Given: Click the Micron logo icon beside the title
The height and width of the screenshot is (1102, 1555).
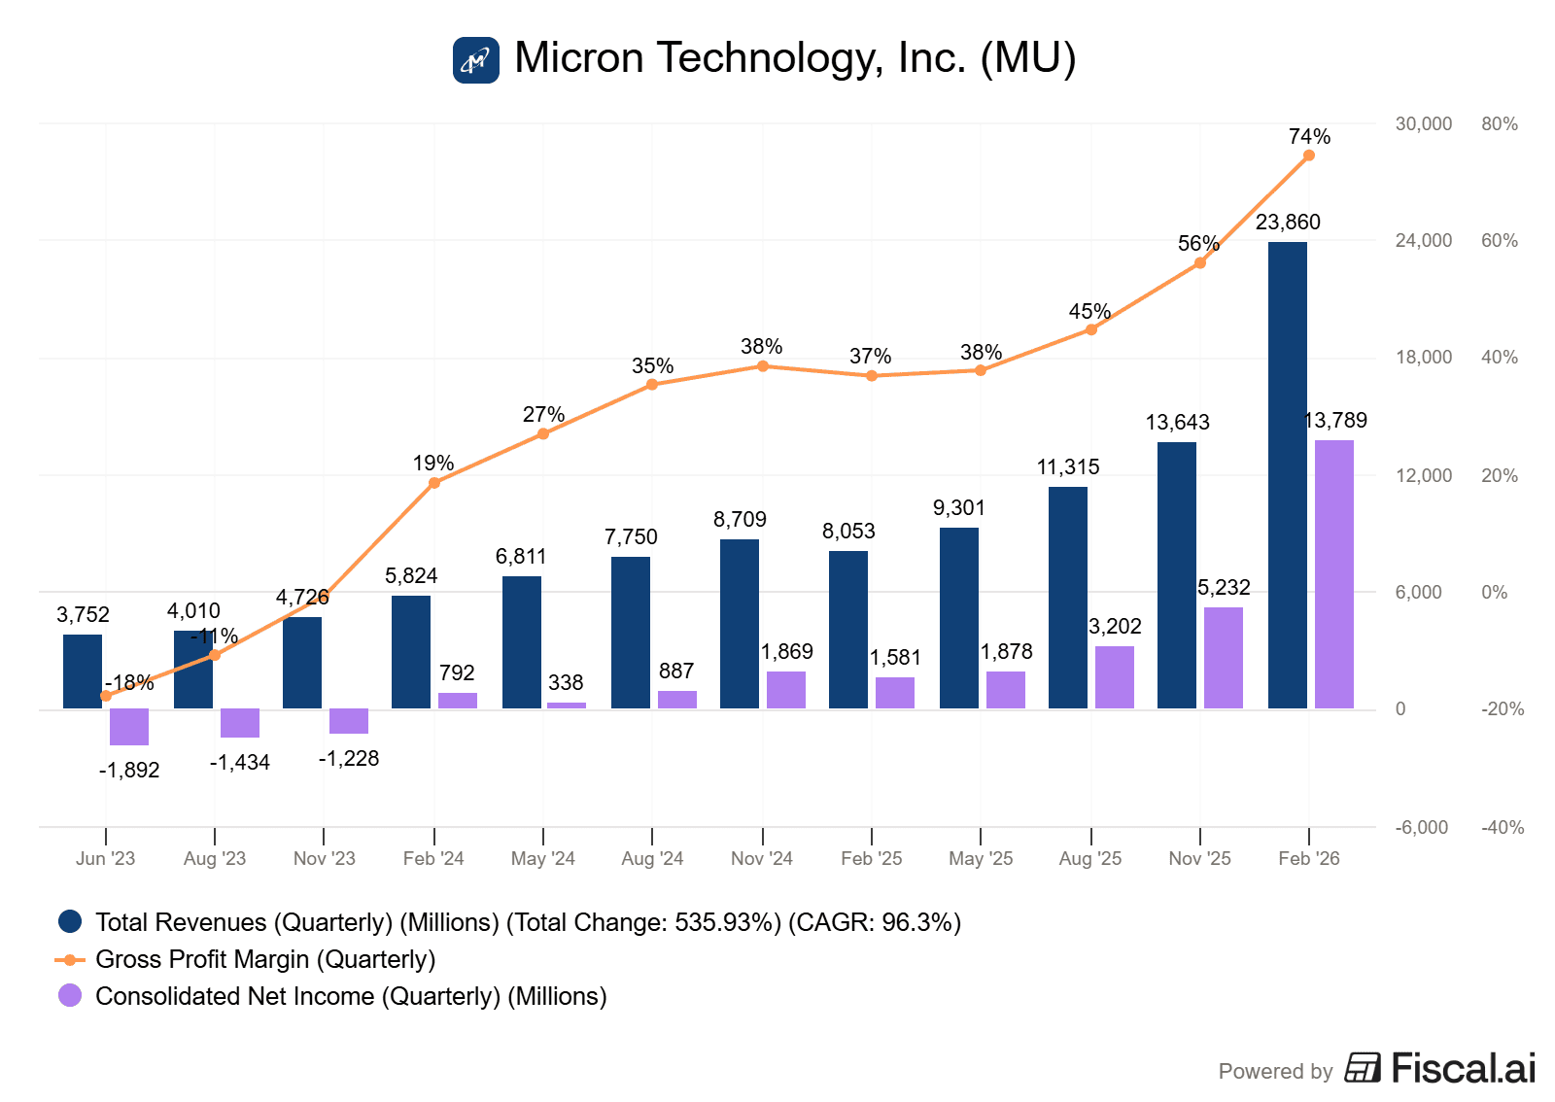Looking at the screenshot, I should [476, 60].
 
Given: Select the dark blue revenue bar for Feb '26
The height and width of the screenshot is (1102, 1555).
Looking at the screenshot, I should [1287, 475].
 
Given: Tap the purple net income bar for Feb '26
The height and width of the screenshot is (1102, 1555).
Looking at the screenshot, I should [1333, 574].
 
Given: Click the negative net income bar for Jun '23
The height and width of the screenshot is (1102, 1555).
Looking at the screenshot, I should [129, 727].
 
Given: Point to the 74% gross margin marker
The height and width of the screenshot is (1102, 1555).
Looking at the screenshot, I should [1309, 155].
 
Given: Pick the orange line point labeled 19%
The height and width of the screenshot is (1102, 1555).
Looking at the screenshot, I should [434, 483].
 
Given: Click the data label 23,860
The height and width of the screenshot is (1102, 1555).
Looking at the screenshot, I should [1288, 223].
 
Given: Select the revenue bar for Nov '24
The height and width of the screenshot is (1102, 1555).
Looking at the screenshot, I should [740, 624].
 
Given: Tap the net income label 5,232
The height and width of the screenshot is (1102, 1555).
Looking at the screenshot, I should [1224, 588].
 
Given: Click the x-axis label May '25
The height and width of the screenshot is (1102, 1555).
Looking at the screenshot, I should [981, 859].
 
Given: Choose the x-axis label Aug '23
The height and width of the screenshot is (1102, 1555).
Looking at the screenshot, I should [215, 859].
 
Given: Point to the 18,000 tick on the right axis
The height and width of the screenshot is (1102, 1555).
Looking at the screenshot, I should [1424, 358].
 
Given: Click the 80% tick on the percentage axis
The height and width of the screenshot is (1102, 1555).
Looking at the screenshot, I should [1500, 124].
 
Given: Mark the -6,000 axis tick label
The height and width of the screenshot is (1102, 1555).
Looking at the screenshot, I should [1422, 828].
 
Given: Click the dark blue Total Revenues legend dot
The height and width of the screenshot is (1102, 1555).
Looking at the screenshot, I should [70, 922].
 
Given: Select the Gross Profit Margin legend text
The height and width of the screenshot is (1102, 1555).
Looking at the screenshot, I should [265, 960].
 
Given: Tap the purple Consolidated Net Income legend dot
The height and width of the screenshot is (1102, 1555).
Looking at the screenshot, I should [70, 996].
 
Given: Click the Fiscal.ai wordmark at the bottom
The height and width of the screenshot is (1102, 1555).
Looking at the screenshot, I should [1463, 1069].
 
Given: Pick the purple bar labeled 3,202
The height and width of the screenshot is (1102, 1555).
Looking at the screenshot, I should [1115, 677].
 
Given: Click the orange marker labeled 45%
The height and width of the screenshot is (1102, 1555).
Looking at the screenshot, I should [1091, 329].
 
